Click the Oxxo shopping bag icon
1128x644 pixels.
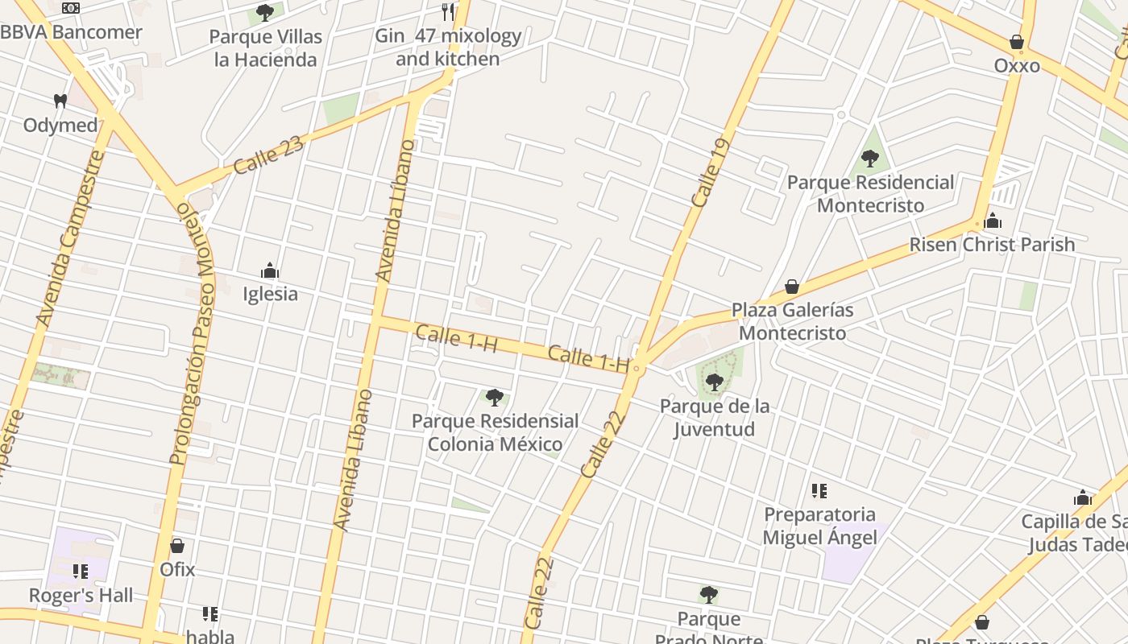[1017, 42]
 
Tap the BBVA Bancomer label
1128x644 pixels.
[71, 33]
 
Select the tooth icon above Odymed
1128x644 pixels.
[60, 101]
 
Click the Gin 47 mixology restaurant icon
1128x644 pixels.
[448, 12]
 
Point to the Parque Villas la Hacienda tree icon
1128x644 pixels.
[264, 13]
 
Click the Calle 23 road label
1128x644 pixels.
[269, 155]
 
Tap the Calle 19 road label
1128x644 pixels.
[710, 173]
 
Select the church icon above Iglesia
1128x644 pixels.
[270, 270]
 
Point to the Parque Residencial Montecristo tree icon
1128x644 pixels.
[869, 159]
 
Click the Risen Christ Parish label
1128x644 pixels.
[992, 245]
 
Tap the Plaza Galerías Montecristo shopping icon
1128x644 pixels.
[792, 287]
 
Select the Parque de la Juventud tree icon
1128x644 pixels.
[714, 382]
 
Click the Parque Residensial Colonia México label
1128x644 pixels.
[495, 432]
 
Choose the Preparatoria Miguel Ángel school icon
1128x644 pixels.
[819, 491]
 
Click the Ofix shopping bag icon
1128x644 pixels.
[177, 546]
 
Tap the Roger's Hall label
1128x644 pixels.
[81, 596]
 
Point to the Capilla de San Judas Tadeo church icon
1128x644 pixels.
[1083, 498]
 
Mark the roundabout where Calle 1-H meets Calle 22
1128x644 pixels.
[637, 369]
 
